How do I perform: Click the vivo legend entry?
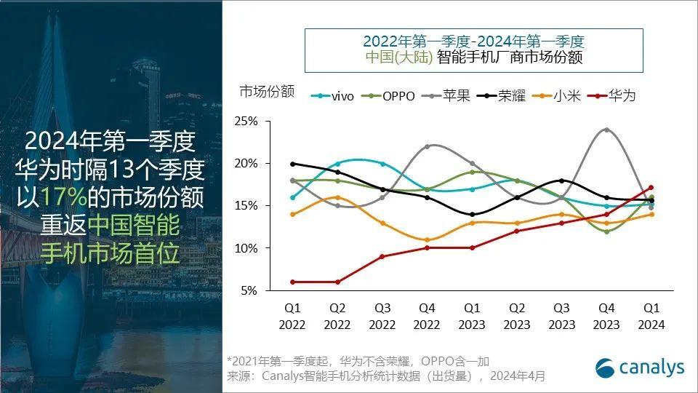[x=333, y=95]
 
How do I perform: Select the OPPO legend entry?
[x=389, y=95]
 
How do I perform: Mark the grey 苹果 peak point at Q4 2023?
[x=606, y=130]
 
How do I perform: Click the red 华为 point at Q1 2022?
[x=292, y=282]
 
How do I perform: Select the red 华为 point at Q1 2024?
[x=651, y=188]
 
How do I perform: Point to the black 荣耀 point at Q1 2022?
[x=292, y=164]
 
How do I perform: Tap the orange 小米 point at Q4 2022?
[x=428, y=240]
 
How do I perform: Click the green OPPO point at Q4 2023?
[x=606, y=231]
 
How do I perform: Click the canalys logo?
[x=640, y=368]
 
